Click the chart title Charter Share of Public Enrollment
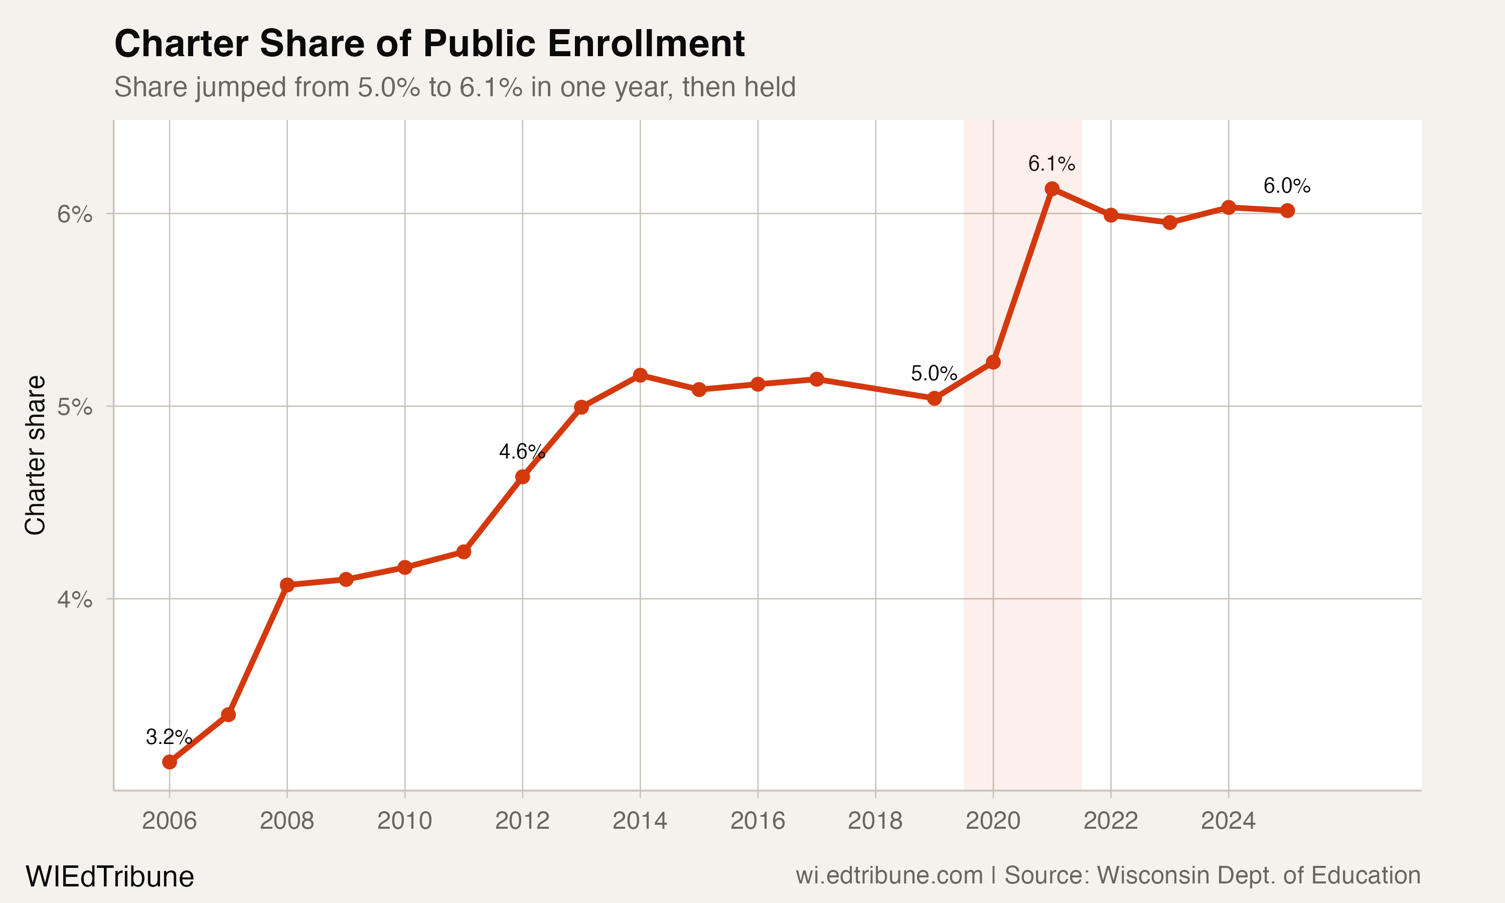click(429, 44)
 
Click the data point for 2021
click(1052, 189)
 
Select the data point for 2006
click(170, 762)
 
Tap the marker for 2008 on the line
click(287, 585)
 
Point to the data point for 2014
click(640, 375)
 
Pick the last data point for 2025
click(1287, 211)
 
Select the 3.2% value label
click(169, 737)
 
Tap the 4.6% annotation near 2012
click(521, 452)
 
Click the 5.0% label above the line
click(933, 373)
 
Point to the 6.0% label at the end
click(1287, 186)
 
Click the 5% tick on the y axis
click(75, 406)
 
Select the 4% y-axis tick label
click(75, 599)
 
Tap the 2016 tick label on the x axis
click(758, 821)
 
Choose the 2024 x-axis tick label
click(1228, 821)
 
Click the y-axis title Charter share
click(35, 455)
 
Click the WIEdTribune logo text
click(109, 876)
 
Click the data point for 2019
click(935, 398)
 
